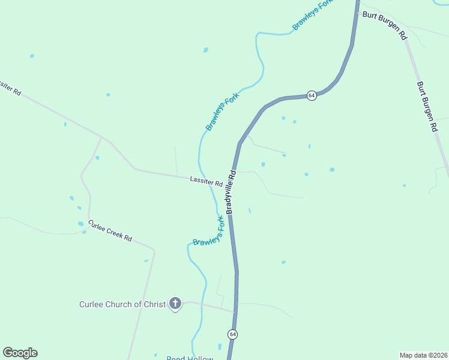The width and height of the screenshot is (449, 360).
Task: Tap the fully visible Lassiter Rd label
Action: [x=206, y=181]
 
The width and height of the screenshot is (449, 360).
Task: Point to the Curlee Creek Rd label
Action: [x=110, y=230]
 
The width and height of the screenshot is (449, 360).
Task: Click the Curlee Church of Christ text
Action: [x=122, y=304]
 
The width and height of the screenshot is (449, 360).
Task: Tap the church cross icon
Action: [x=175, y=304]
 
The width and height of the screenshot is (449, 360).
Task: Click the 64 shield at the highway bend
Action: [x=312, y=96]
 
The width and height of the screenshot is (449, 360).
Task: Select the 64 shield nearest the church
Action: [x=232, y=334]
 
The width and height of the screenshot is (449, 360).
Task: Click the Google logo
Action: [x=20, y=353]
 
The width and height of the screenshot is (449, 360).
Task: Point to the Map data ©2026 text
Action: [x=424, y=355]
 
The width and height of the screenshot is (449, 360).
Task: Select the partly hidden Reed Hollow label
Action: [x=190, y=358]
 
